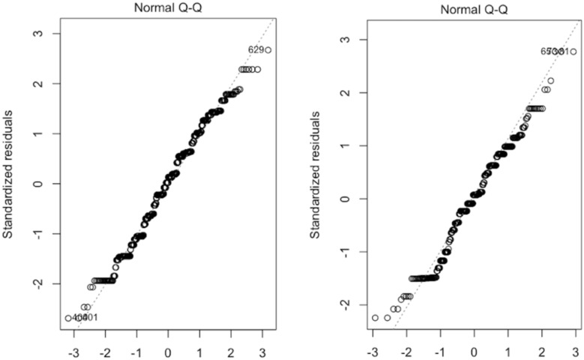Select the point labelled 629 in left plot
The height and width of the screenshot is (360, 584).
coord(268,50)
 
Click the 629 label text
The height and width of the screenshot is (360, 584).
coord(255,50)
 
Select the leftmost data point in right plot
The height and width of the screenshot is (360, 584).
coord(375,318)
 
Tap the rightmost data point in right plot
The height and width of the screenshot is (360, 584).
coord(574,52)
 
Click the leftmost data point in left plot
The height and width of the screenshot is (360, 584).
coord(68,318)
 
